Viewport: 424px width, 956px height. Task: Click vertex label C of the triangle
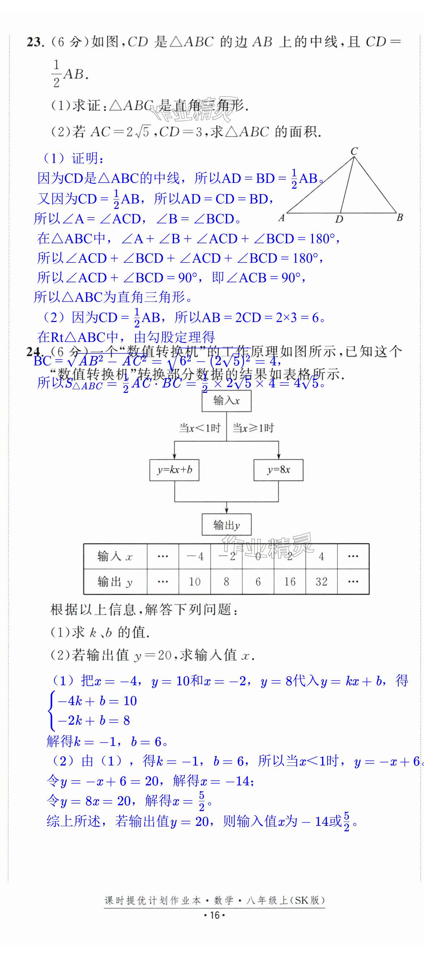(354, 151)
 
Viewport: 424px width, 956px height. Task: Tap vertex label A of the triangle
(282, 218)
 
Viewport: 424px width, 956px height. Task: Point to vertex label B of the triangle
(399, 218)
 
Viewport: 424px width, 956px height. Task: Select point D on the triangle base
(339, 219)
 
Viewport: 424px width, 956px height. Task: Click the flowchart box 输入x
(227, 401)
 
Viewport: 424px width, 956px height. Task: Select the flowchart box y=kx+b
(174, 470)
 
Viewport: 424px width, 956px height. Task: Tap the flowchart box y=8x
(278, 470)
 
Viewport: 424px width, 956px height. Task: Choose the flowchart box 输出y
(227, 525)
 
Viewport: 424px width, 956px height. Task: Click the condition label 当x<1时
(200, 428)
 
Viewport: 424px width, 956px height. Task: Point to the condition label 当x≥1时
(253, 428)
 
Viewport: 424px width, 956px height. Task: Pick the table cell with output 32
(322, 582)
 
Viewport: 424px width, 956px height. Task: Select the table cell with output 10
(194, 582)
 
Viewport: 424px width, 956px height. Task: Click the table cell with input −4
(194, 556)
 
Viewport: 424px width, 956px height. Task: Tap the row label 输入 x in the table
(115, 556)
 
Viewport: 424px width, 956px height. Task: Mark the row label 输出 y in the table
(115, 582)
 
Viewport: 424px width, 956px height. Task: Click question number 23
(35, 42)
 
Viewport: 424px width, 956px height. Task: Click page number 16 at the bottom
(215, 915)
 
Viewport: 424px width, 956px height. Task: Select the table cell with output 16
(290, 582)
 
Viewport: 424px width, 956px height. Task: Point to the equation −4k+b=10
(97, 701)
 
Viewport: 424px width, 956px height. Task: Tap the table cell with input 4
(322, 556)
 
